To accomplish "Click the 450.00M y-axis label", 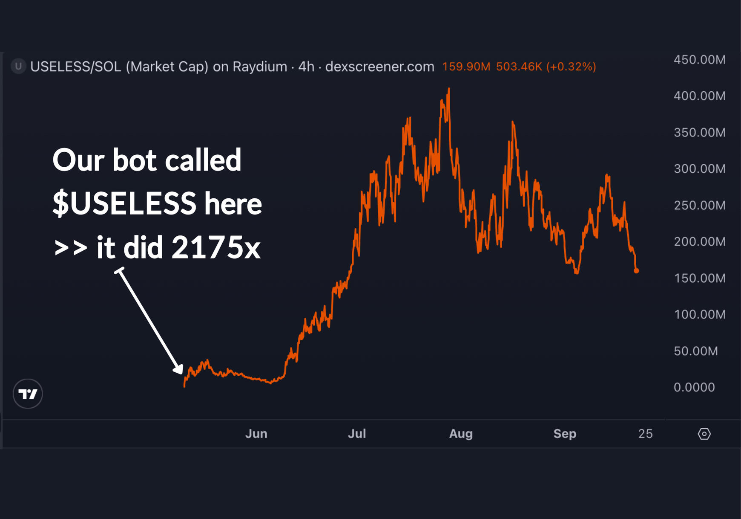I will click(x=699, y=60).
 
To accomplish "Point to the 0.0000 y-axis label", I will click(x=694, y=387).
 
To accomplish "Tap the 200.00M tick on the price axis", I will click(x=699, y=241).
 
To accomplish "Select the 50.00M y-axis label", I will click(x=696, y=351).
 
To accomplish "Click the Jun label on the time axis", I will click(x=256, y=434).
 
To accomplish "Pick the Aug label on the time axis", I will click(x=461, y=434).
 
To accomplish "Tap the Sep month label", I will click(x=565, y=434).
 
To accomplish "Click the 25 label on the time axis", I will click(x=645, y=434).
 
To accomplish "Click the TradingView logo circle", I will click(x=28, y=394).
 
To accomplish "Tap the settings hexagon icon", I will click(x=704, y=434).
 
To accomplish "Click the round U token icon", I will click(x=18, y=66).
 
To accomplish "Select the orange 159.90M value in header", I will click(x=466, y=67).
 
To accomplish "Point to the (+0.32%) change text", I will click(x=571, y=67).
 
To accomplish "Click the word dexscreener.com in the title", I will click(x=379, y=67).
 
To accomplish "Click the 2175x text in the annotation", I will click(x=216, y=247).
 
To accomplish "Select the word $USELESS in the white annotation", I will click(x=124, y=203).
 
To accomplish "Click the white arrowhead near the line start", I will click(x=178, y=369).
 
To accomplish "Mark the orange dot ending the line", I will click(x=636, y=270).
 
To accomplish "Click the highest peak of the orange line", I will click(x=449, y=89).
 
